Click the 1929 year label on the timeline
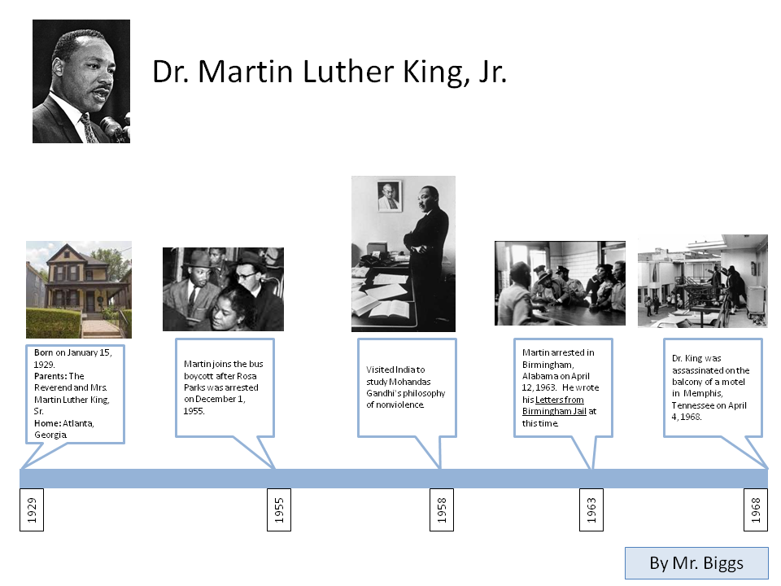point(32,509)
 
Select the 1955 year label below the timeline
point(279,509)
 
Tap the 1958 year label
point(442,509)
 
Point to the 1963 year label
point(591,509)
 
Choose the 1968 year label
point(756,509)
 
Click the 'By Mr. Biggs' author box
point(697,563)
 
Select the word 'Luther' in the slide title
point(348,72)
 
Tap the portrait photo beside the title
point(81,81)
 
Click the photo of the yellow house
point(79,290)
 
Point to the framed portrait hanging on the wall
point(390,196)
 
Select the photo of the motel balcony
point(703,281)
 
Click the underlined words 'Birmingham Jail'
point(554,411)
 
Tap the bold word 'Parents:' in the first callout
point(50,376)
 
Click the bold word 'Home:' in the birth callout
point(47,423)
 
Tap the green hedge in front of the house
point(53,323)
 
